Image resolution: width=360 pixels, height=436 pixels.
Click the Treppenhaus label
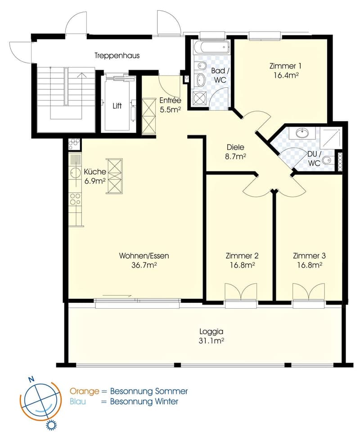click(117, 56)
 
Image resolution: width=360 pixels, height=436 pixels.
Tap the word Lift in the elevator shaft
click(117, 106)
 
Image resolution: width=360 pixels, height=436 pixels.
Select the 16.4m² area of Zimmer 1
click(286, 75)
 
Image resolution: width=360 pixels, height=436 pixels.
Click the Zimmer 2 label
click(242, 256)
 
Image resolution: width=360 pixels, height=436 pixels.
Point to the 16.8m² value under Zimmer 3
click(310, 265)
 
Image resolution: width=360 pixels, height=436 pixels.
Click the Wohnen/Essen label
click(144, 256)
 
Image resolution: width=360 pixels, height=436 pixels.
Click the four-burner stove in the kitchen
click(75, 199)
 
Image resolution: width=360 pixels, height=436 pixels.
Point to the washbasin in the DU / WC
click(302, 133)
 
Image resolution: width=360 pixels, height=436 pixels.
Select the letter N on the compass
click(31, 379)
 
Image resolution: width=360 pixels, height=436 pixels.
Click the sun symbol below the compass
click(51, 426)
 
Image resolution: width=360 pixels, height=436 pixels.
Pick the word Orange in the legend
click(84, 391)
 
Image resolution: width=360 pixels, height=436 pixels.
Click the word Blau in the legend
click(77, 401)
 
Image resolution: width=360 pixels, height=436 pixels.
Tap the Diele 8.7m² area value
click(235, 157)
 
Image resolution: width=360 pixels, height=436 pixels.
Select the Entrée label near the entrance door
click(170, 100)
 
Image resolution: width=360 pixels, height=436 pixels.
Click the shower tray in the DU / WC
click(331, 138)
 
